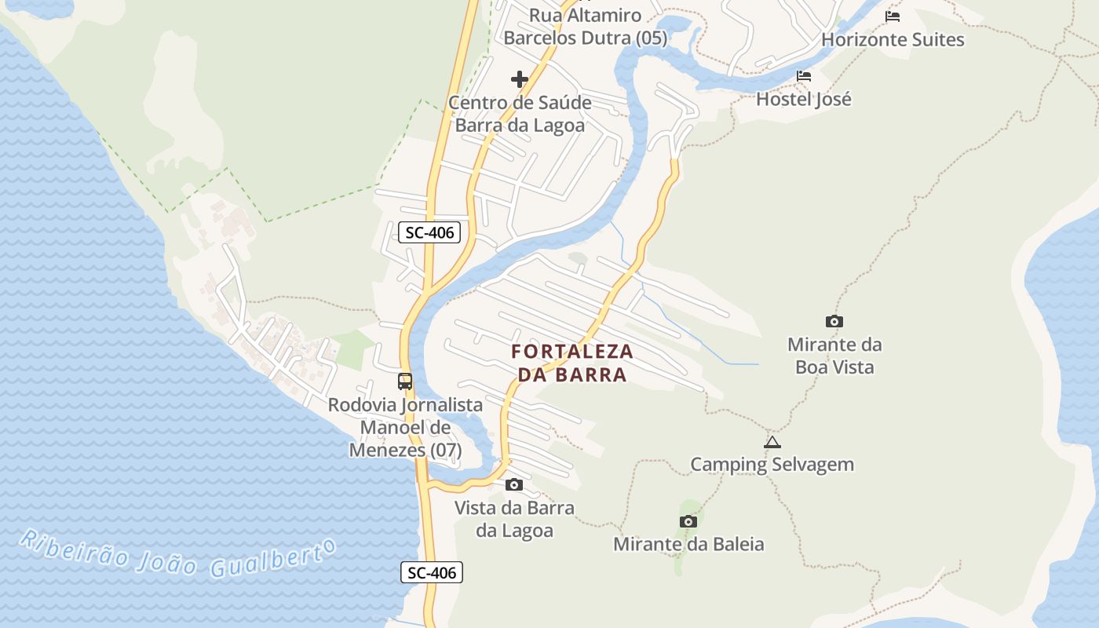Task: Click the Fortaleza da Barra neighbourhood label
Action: [571, 363]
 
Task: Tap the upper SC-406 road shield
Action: [429, 232]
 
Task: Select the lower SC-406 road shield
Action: [432, 572]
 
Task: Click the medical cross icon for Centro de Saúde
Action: [520, 79]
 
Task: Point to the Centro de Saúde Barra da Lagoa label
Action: [520, 114]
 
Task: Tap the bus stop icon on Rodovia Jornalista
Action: [405, 382]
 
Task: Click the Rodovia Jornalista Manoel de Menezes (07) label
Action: [405, 428]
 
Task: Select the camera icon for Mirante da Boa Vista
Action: [834, 321]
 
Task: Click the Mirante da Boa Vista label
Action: [834, 356]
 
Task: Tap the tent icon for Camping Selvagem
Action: [772, 442]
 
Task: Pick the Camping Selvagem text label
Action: [772, 464]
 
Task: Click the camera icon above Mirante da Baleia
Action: [688, 521]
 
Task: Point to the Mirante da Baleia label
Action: [688, 544]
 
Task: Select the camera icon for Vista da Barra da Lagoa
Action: [514, 484]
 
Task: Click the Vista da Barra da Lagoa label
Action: [514, 519]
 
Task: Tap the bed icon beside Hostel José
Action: [804, 76]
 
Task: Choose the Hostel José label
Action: [804, 99]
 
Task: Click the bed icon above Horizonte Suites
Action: [893, 16]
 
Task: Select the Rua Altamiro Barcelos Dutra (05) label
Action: [585, 26]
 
